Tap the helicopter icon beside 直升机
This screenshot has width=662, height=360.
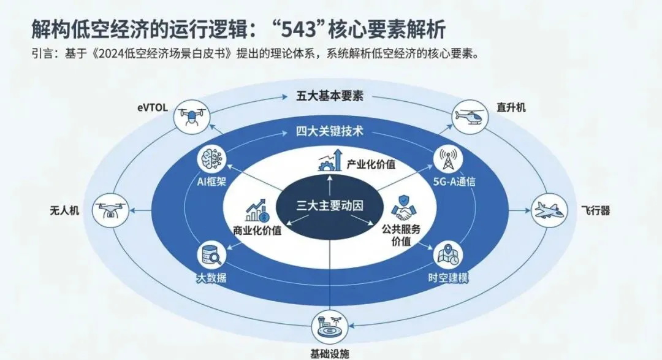pyautogui.click(x=469, y=117)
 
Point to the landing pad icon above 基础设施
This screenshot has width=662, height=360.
pyautogui.click(x=331, y=327)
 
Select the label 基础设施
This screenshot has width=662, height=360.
pyautogui.click(x=330, y=354)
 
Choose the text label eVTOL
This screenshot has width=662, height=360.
pyautogui.click(x=153, y=108)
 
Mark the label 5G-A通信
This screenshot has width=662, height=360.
pyautogui.click(x=454, y=182)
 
